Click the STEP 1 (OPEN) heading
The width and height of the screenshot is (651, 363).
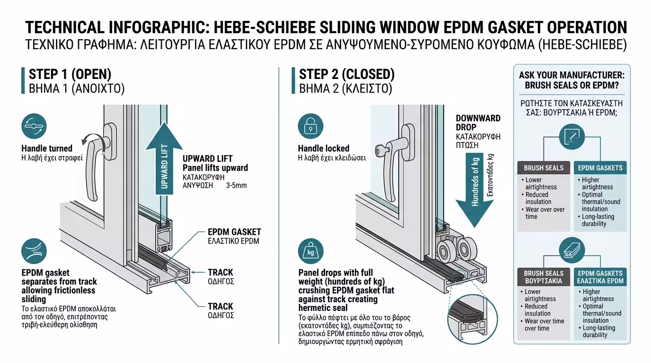tap(70, 74)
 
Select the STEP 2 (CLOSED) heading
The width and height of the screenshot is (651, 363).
tap(347, 74)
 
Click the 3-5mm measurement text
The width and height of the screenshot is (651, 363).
tap(237, 185)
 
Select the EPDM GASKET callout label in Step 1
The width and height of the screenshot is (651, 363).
tap(234, 232)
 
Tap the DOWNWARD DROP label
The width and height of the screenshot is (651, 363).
tap(478, 122)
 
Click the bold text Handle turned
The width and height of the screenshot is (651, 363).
tap(47, 148)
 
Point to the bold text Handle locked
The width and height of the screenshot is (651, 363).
tap(324, 148)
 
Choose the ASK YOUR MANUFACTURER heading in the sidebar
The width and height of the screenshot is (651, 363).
tap(572, 80)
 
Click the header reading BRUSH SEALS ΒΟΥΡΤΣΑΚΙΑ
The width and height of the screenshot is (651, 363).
tap(544, 277)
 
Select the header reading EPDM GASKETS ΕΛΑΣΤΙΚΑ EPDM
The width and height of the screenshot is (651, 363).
tap(600, 277)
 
